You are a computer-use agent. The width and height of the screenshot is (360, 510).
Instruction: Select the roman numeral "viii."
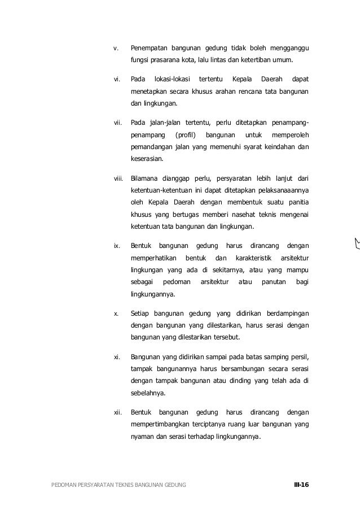(x=118, y=178)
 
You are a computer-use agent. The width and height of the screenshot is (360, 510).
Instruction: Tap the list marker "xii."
(x=118, y=412)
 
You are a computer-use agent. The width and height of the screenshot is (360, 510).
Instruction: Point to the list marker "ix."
(x=117, y=246)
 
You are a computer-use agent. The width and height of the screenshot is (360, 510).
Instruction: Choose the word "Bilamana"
(x=144, y=178)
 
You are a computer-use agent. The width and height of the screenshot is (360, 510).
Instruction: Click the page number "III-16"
(x=301, y=485)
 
